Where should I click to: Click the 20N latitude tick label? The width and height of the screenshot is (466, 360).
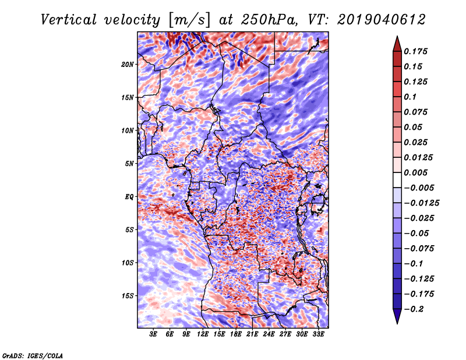click(128, 64)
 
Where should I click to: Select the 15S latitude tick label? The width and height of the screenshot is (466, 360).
click(128, 295)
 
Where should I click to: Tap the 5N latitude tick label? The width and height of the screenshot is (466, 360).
click(129, 163)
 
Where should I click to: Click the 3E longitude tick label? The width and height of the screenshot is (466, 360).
click(154, 335)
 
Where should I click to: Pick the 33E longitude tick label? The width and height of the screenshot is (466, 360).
click(319, 335)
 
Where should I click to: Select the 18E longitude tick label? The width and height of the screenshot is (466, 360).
click(236, 335)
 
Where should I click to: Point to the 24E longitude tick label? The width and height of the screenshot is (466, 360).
click(269, 335)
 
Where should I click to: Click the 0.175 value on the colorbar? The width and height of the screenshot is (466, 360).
click(418, 51)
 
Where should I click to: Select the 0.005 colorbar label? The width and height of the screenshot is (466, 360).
click(418, 173)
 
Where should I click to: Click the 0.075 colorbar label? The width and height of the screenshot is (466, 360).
click(418, 112)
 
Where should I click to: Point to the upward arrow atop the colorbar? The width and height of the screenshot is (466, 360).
click(396, 42)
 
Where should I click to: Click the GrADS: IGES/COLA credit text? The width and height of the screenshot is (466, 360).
click(33, 355)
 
